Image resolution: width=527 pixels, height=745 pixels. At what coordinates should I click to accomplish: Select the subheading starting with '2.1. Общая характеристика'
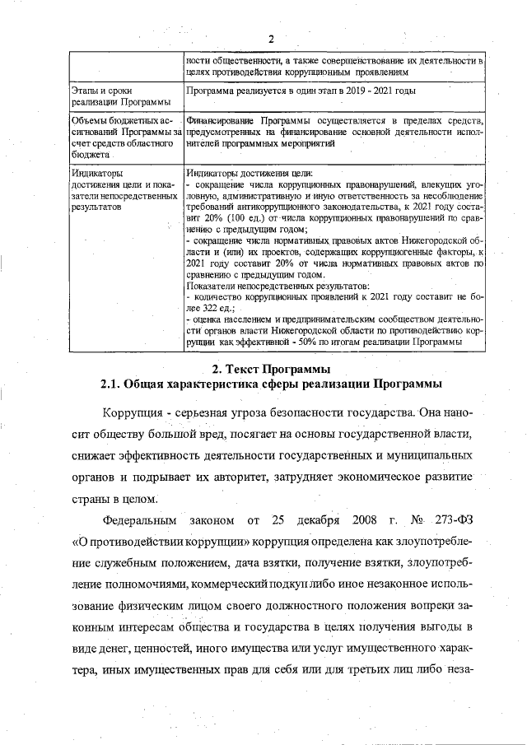271,384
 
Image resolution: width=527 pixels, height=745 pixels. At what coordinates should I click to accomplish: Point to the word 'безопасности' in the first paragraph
312,412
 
